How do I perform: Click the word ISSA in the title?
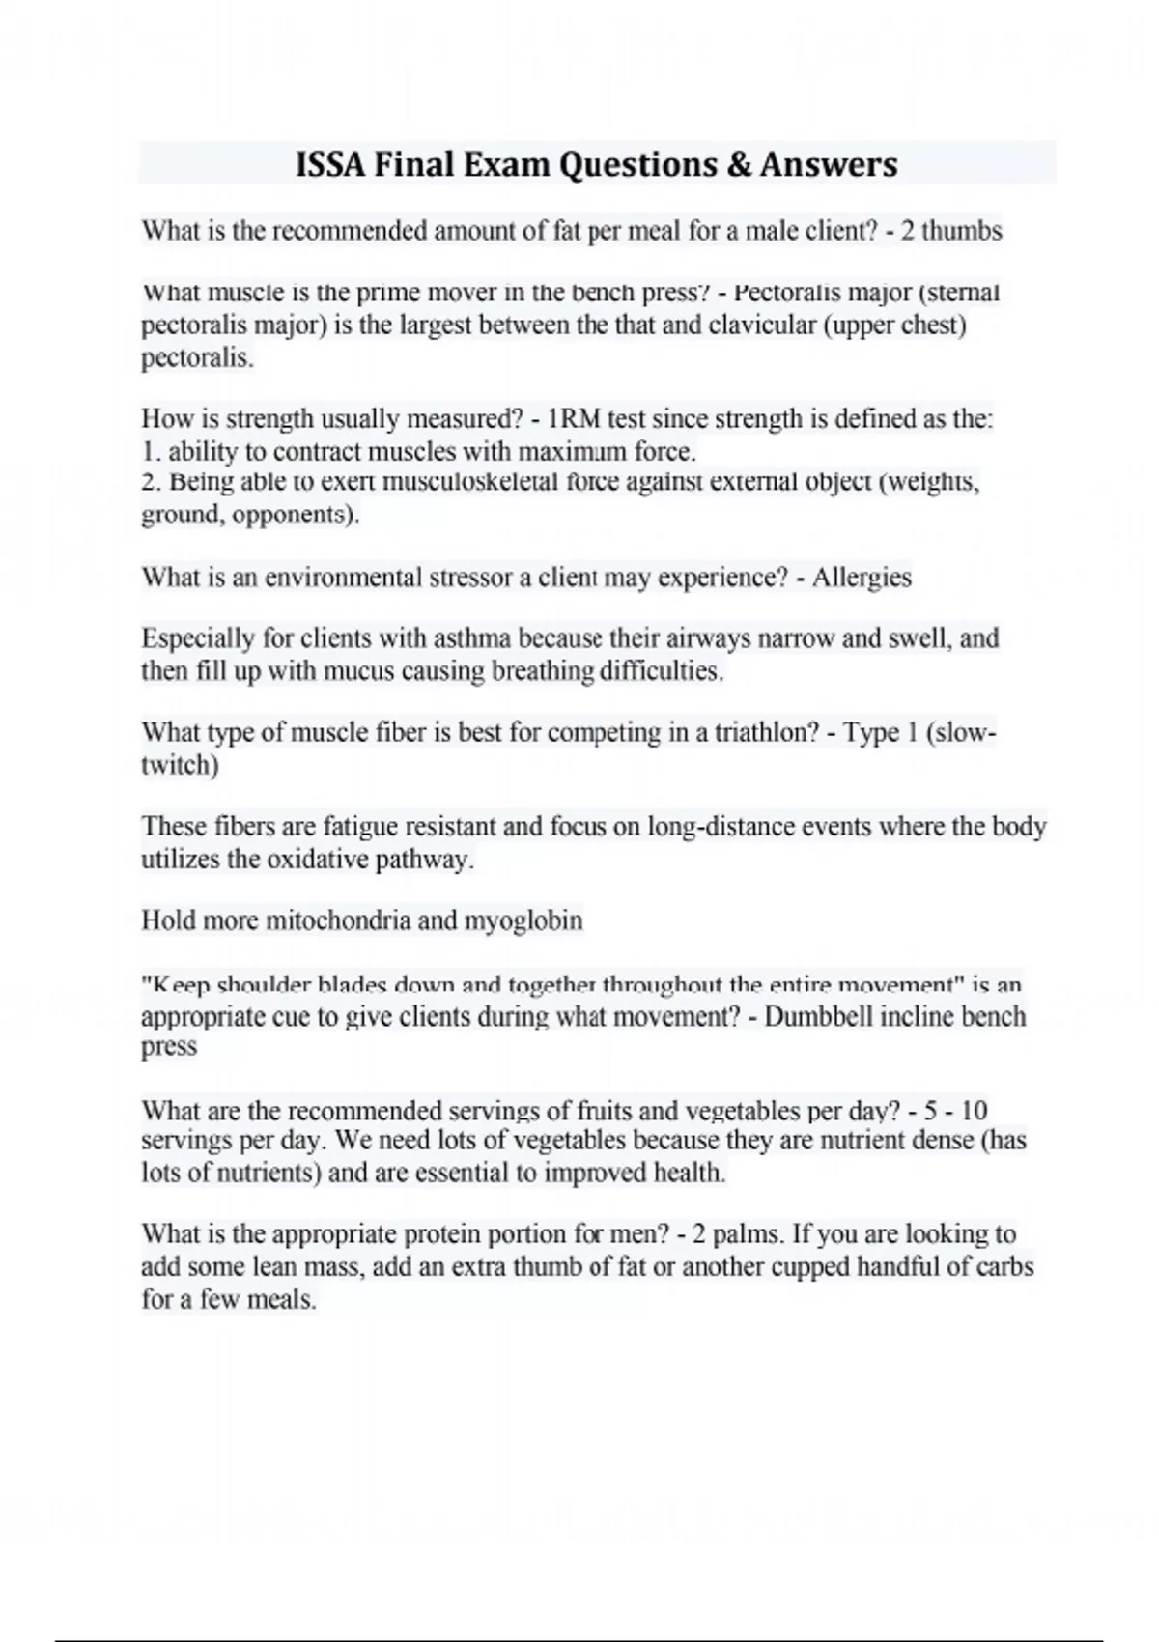click(329, 164)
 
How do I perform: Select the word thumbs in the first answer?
click(963, 231)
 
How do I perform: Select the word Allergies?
click(862, 578)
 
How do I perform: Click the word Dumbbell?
click(816, 1017)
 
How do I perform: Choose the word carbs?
click(1005, 1266)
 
